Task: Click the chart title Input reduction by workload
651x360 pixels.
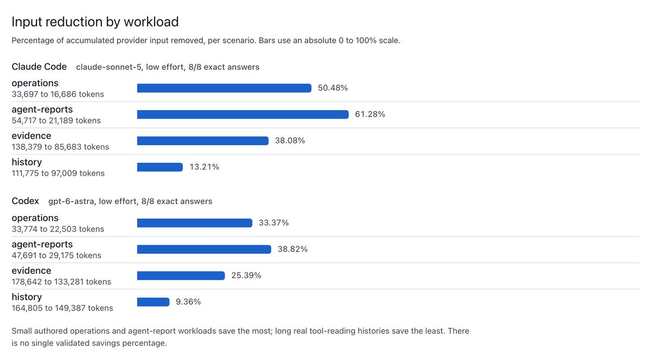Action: (x=95, y=22)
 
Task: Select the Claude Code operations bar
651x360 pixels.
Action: (x=224, y=88)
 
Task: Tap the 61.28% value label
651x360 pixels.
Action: (x=370, y=114)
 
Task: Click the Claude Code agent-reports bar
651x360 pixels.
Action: (x=242, y=114)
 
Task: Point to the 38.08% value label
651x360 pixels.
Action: (x=290, y=140)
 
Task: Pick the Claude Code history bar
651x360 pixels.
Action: (x=160, y=167)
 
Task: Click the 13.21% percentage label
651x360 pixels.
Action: (x=205, y=167)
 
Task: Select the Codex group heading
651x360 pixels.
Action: (x=25, y=201)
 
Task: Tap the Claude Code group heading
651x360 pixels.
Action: (x=39, y=67)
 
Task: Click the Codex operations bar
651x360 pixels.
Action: (x=194, y=223)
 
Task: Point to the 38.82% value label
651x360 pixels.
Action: (x=292, y=249)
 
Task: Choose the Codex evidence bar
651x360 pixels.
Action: (x=181, y=275)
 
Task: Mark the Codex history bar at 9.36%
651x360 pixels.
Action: (x=153, y=302)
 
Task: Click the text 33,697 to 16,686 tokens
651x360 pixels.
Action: (x=58, y=94)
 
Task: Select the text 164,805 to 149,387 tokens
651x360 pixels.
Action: (x=62, y=308)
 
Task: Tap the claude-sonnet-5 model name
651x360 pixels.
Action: (x=108, y=67)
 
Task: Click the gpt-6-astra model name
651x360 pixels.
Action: (x=72, y=201)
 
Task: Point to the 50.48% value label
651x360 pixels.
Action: (x=333, y=88)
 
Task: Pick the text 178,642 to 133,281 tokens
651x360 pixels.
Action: (x=61, y=282)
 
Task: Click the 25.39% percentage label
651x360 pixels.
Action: (x=246, y=275)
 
